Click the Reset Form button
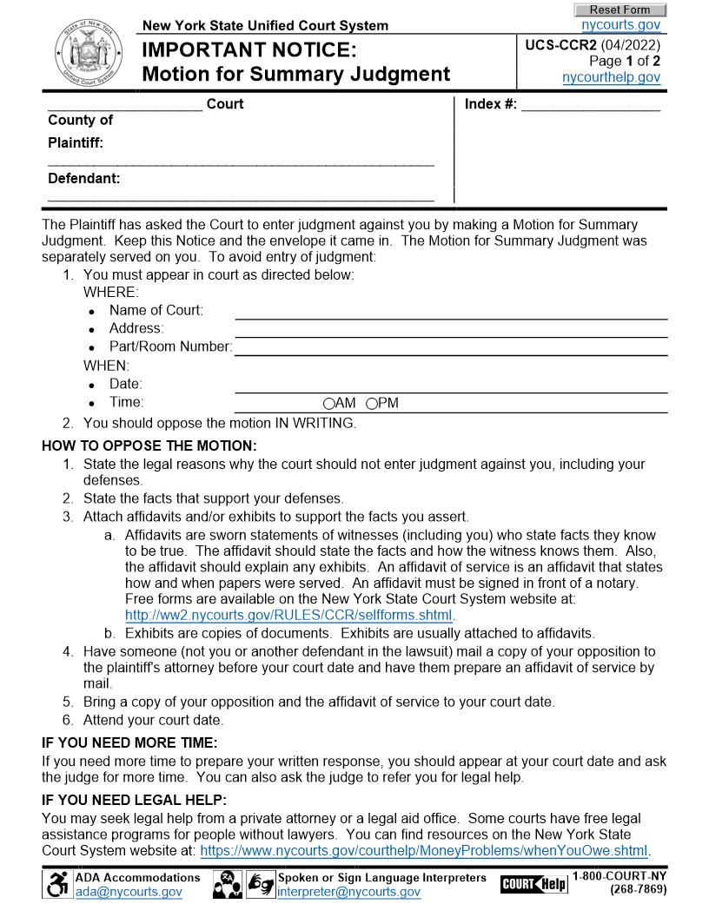coord(620,10)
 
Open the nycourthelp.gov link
coord(611,77)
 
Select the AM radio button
coord(328,404)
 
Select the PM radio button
coord(372,404)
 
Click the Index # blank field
coord(590,105)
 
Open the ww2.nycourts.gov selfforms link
coord(289,616)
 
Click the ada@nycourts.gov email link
coord(129,892)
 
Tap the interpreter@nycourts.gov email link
coord(348,892)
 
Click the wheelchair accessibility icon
coord(57,884)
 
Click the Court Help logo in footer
coord(533,884)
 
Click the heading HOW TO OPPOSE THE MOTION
coord(149,446)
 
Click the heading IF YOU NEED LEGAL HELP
coord(134,800)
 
